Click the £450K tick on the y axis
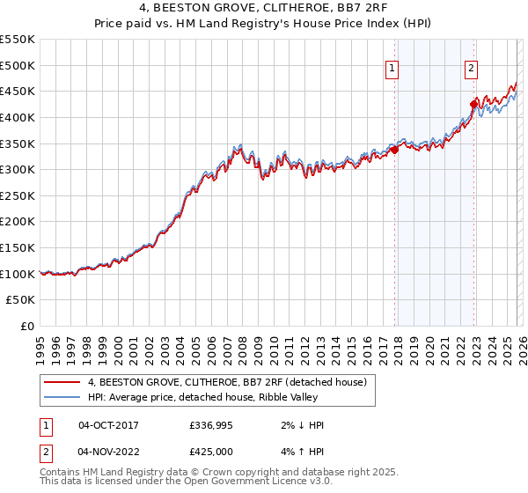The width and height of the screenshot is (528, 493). point(18,91)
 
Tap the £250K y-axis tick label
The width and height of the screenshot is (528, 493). point(18,195)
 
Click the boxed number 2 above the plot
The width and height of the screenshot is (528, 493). point(471,67)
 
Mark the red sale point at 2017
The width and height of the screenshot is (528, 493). point(394,150)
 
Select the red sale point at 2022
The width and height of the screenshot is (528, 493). point(473,104)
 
